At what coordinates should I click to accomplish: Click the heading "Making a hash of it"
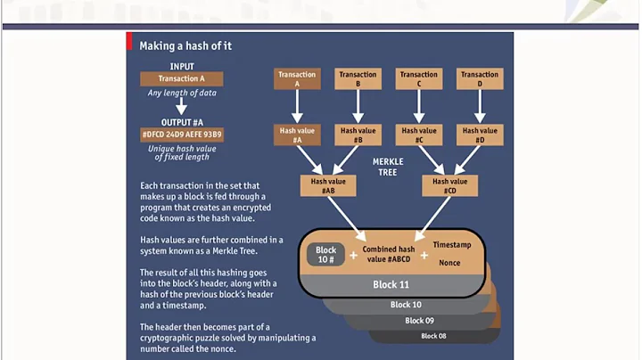[x=185, y=45]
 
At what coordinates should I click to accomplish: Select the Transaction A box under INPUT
[x=182, y=78]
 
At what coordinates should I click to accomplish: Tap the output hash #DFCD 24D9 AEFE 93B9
[x=182, y=135]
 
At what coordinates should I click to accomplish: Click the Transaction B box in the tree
[x=358, y=79]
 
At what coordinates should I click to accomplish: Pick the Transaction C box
[x=419, y=79]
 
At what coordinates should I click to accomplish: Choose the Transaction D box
[x=480, y=79]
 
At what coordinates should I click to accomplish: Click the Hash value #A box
[x=297, y=135]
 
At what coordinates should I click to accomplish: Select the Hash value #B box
[x=358, y=135]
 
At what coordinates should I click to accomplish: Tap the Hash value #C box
[x=419, y=135]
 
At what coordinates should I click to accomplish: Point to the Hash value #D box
[x=480, y=135]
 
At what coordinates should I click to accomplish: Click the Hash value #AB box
[x=327, y=185]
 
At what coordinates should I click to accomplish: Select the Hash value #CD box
[x=449, y=185]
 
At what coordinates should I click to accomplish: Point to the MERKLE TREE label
[x=388, y=167]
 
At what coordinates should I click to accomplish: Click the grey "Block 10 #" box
[x=325, y=255]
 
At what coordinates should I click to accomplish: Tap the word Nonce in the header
[x=449, y=263]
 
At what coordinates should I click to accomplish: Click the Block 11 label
[x=391, y=285]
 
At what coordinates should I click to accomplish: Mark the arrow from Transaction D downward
[x=480, y=106]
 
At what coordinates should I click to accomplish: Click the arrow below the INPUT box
[x=182, y=107]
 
